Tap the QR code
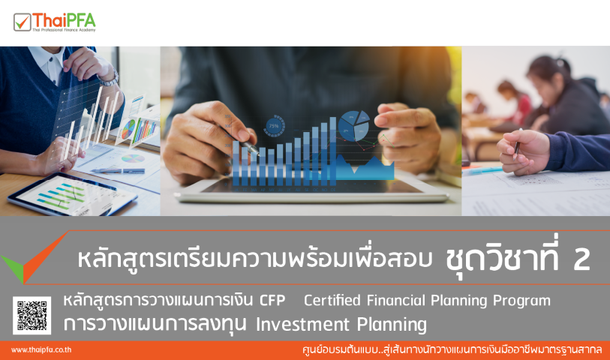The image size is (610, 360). pos(32,314)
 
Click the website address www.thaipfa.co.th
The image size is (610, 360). pos(41,349)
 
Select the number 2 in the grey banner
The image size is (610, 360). pos(581,259)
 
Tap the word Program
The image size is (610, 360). pos(521,301)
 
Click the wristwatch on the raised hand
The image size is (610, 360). pos(111,77)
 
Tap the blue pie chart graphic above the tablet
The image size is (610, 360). pos(353,124)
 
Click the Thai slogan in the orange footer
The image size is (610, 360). pos(449,349)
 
